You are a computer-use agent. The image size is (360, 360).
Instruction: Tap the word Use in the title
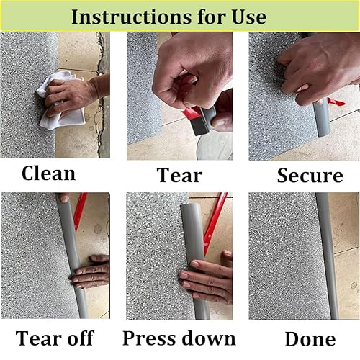tap(246, 16)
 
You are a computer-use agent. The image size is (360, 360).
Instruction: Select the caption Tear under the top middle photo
tap(179, 175)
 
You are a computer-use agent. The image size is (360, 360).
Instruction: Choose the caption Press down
tap(179, 338)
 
